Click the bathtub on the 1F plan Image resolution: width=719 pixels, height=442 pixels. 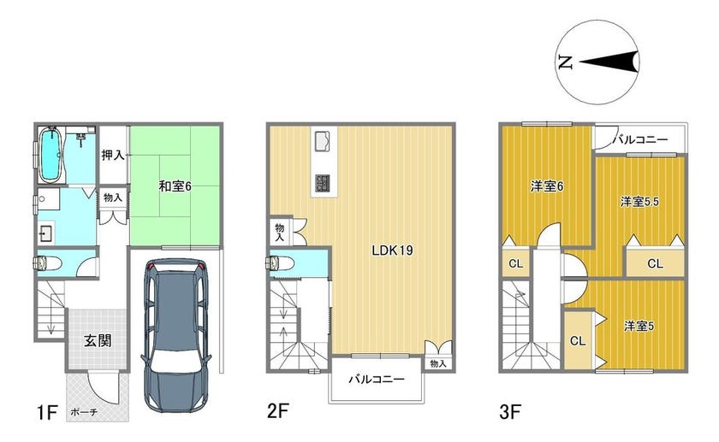(51, 155)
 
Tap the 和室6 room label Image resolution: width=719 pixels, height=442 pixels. (175, 186)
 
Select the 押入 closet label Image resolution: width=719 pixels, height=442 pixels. (113, 155)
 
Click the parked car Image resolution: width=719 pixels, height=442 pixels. (176, 335)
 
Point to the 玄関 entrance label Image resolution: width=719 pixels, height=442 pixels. (98, 341)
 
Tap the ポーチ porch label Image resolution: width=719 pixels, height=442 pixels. (84, 412)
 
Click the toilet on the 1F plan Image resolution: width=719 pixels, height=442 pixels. (48, 263)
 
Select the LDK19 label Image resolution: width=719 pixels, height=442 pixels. (392, 250)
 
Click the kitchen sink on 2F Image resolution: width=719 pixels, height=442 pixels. (323, 140)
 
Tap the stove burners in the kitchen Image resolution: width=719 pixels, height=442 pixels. (323, 183)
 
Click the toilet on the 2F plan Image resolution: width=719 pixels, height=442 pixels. (280, 262)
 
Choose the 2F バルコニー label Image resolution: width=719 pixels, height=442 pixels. (377, 380)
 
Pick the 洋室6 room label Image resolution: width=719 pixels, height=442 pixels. (547, 186)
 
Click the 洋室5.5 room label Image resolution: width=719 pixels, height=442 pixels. (639, 201)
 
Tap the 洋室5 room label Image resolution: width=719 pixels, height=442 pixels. (639, 326)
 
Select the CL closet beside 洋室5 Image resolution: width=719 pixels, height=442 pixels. (578, 341)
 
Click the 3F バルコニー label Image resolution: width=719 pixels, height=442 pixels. (640, 139)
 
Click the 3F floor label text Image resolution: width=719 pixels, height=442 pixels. (510, 411)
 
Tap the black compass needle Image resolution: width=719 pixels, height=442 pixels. (609, 62)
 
